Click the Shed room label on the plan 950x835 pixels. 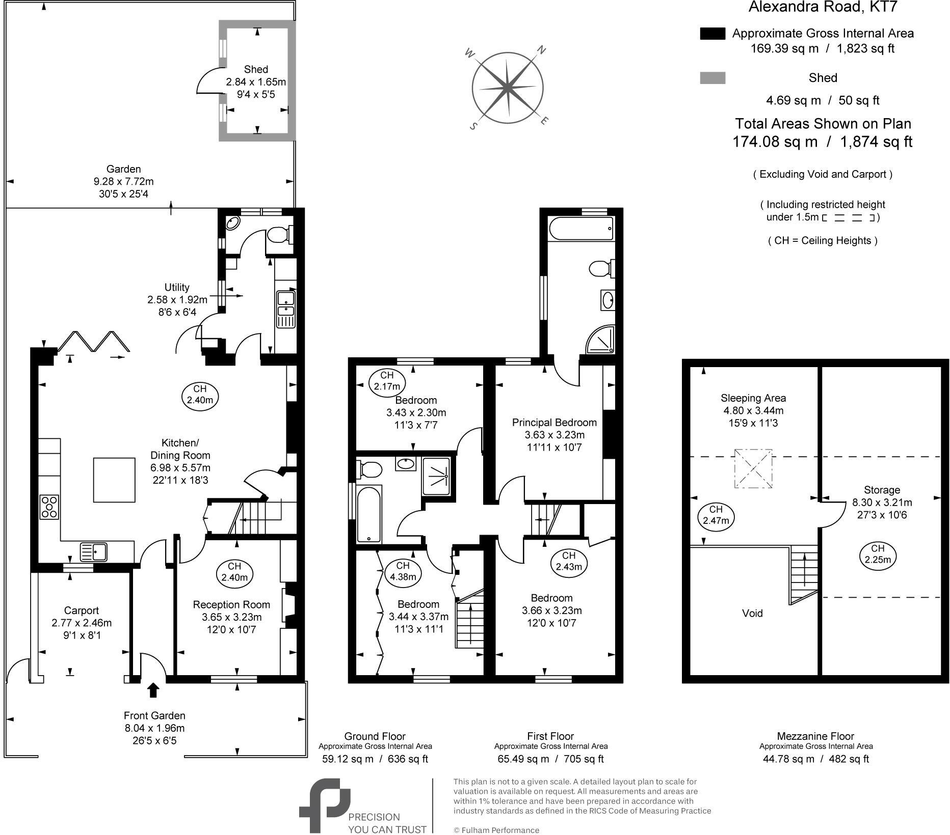(256, 69)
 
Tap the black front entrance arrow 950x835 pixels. (153, 690)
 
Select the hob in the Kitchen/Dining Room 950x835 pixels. (49, 507)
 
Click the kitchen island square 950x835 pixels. (114, 480)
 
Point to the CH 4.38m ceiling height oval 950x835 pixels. (403, 571)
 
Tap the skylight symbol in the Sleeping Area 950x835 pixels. (753, 468)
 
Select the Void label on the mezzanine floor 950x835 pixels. (752, 613)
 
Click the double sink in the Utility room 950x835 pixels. (285, 309)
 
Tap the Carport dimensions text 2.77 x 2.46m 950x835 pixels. (82, 623)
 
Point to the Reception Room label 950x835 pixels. (231, 604)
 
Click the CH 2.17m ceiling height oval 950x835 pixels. (387, 381)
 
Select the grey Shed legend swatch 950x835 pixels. (712, 78)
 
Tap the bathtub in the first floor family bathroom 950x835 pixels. (368, 514)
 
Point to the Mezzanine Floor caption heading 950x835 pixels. (815, 736)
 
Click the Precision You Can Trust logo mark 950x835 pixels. (325, 805)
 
